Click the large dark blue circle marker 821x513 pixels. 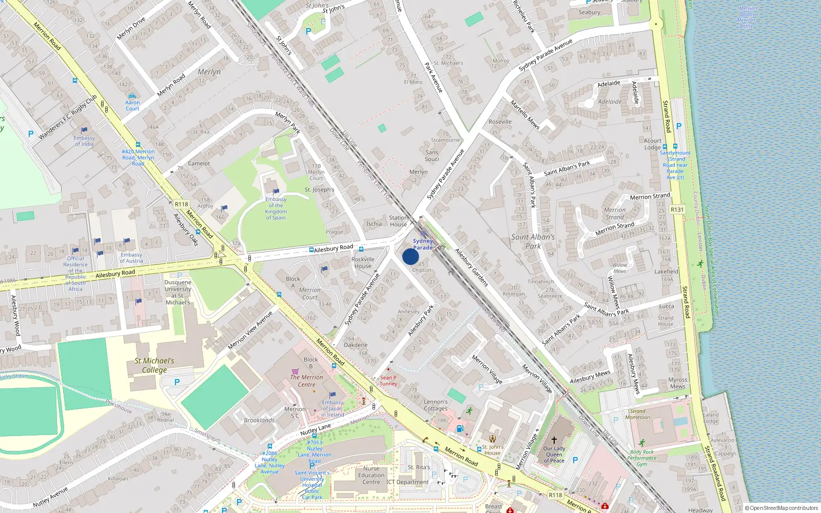click(411, 256)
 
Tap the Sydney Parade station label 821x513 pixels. click(423, 244)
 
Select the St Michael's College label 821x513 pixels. click(154, 365)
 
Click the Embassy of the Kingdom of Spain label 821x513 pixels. click(276, 208)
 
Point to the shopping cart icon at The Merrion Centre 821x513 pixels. click(295, 371)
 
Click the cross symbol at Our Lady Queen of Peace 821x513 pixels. click(554, 440)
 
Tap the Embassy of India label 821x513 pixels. click(84, 141)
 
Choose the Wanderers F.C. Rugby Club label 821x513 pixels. click(68, 117)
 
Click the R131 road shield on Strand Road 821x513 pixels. click(677, 209)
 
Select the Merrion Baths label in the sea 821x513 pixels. click(747, 17)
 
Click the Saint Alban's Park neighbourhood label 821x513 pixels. click(533, 241)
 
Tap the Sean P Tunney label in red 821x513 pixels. click(388, 380)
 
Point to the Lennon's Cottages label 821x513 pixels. click(436, 405)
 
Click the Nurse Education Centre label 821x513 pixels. click(371, 475)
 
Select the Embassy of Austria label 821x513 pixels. click(131, 258)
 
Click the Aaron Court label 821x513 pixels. click(132, 105)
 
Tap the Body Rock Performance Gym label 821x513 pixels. click(641, 458)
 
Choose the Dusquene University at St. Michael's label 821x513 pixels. click(178, 292)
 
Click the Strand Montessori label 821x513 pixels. click(638, 414)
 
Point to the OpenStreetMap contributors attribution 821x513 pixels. click(781, 508)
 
